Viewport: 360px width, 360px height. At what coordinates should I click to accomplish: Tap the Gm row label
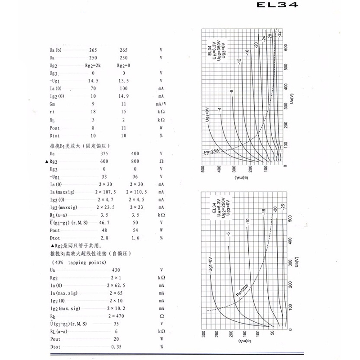[x=53, y=104]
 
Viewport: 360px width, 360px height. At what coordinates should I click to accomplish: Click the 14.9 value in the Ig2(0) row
[x=123, y=96]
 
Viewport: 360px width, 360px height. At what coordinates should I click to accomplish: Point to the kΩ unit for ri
[x=161, y=112]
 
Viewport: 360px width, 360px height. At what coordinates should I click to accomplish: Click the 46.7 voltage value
[x=104, y=223]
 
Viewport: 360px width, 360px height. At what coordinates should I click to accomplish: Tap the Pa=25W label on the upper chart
[x=212, y=153]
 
